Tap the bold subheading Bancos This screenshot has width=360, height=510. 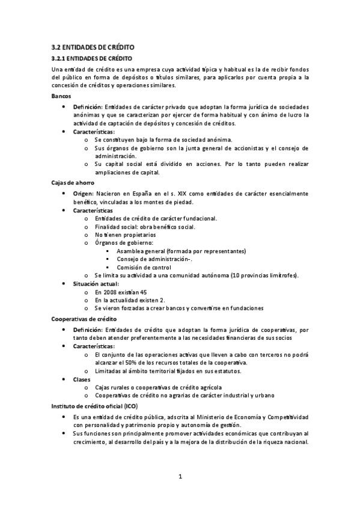tap(61, 96)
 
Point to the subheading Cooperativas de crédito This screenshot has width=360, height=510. tap(84, 319)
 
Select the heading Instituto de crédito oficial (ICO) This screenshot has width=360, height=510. tap(94, 407)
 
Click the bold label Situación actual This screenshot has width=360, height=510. tap(96, 283)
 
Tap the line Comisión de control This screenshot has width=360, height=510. tap(144, 267)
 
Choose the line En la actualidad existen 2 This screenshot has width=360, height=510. tap(130, 300)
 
